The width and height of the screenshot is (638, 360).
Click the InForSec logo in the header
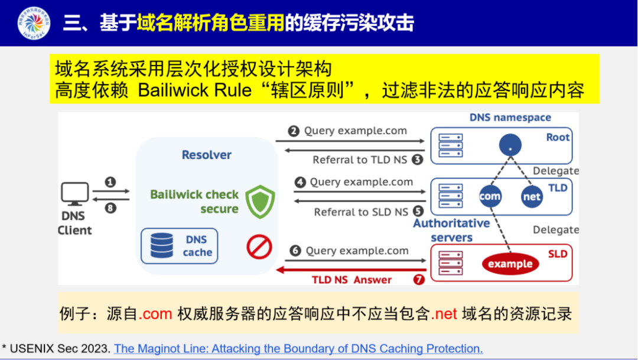34,23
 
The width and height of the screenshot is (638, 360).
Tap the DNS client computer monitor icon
75,194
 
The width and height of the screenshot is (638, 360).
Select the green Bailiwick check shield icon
260,202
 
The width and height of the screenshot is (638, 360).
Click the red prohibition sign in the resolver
259,247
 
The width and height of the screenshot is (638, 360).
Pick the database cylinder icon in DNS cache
161,245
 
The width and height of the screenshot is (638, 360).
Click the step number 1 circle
110,182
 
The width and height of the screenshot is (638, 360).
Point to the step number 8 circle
110,207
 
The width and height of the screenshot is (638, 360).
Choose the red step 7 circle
419,280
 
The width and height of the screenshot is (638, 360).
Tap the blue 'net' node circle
532,197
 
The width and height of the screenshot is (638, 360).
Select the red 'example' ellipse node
510,264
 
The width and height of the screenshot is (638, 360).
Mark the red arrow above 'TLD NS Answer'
351,269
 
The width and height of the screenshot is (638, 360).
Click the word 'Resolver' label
206,155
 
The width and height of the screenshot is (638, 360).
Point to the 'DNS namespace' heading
510,118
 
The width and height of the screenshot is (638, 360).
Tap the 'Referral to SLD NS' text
361,212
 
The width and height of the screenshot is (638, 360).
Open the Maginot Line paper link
298,348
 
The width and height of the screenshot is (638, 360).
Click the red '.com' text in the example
155,313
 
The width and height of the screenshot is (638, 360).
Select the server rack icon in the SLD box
451,261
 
